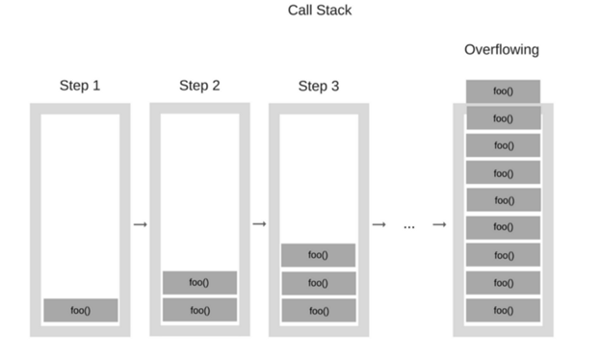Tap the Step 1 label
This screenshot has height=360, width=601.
pyautogui.click(x=80, y=86)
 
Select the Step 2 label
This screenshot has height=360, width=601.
pyautogui.click(x=199, y=86)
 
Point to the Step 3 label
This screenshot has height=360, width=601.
pyautogui.click(x=318, y=86)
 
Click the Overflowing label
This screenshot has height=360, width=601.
pyautogui.click(x=502, y=49)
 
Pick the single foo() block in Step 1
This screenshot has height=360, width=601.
pyautogui.click(x=81, y=310)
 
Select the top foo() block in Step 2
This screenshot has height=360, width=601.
pyautogui.click(x=199, y=282)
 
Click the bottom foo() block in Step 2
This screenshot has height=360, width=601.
pyautogui.click(x=199, y=310)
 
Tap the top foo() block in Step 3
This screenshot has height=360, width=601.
pyautogui.click(x=318, y=255)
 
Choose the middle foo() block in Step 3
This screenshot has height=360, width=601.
pyautogui.click(x=318, y=283)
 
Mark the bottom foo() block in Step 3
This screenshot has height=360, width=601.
pyautogui.click(x=318, y=310)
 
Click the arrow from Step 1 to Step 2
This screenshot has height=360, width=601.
pyautogui.click(x=140, y=224)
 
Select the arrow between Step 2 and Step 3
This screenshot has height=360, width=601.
pyautogui.click(x=259, y=224)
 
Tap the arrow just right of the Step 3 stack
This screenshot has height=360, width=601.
pyautogui.click(x=379, y=224)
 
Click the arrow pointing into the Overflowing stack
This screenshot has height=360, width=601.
pyautogui.click(x=439, y=224)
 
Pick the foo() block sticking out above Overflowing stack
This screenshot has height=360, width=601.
pyautogui.click(x=502, y=91)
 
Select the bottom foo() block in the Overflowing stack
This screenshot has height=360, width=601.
pyautogui.click(x=502, y=310)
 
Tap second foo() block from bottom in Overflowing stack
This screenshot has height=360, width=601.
pyautogui.click(x=502, y=283)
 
